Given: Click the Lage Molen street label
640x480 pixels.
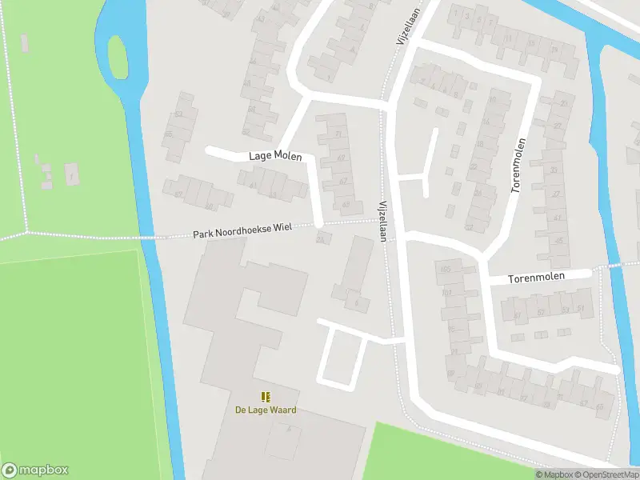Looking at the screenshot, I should click(275, 156).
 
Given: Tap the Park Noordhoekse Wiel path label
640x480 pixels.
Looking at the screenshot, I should click(242, 231).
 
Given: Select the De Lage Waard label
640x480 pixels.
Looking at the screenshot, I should click(265, 410).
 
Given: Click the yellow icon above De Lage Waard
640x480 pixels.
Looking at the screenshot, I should click(265, 397).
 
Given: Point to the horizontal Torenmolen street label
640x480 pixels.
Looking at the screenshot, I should click(538, 277).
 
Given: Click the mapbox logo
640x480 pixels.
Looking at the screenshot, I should click(35, 470).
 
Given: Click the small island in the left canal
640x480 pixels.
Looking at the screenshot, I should click(118, 58).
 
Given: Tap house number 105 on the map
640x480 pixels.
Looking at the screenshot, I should click(446, 270).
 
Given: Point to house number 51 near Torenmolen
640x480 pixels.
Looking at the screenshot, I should click(581, 308).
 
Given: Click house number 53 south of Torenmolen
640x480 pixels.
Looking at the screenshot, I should click(566, 310).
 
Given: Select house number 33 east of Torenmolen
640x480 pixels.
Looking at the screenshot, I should click(554, 170).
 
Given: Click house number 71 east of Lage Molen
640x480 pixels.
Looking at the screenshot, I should click(341, 134).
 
